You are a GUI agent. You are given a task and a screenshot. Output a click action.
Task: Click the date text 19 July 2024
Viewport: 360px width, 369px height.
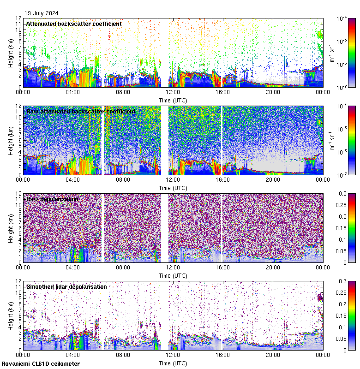click(x=42, y=13)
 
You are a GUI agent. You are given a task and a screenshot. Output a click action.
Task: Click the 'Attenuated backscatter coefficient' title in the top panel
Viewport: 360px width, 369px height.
click(x=74, y=24)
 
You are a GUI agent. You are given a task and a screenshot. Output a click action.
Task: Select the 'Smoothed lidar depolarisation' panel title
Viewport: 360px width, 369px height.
click(x=66, y=286)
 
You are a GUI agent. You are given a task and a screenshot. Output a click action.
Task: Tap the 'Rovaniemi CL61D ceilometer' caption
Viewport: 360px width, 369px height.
click(x=41, y=364)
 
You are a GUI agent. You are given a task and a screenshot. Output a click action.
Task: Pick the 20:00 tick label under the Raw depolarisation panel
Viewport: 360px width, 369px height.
click(x=273, y=267)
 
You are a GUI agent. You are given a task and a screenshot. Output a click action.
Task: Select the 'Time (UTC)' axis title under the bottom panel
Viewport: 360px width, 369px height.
click(x=173, y=363)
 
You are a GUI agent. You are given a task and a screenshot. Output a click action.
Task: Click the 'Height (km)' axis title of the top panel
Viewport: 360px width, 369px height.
click(x=11, y=53)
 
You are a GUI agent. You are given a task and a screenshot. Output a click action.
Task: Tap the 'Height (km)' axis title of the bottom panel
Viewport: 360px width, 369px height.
click(x=11, y=315)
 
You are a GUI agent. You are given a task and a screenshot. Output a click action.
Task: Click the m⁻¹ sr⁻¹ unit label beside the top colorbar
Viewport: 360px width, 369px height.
click(x=331, y=53)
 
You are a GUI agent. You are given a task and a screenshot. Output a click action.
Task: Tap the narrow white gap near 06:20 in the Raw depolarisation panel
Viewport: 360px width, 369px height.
click(x=102, y=228)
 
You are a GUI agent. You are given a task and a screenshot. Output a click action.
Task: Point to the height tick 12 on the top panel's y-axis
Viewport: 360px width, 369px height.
click(x=18, y=18)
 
